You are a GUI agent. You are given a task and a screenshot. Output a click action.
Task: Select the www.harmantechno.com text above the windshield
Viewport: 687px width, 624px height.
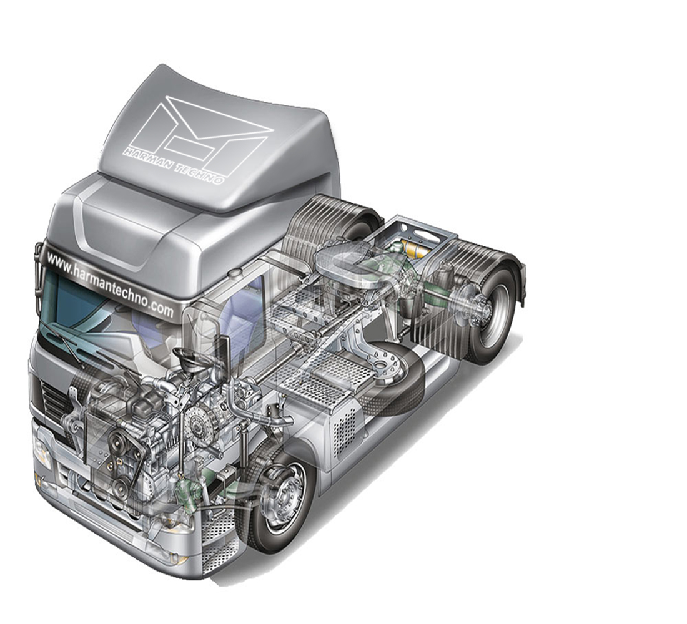click(x=109, y=283)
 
